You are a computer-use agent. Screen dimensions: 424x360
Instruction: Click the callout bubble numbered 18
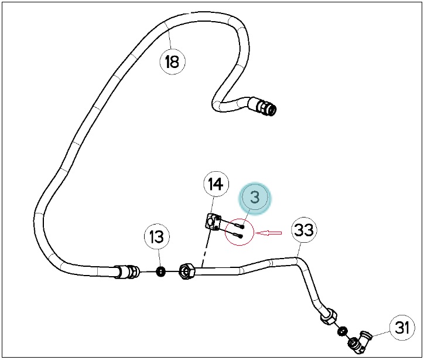coord(173,62)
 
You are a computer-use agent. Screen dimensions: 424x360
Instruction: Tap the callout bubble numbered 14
coord(216,184)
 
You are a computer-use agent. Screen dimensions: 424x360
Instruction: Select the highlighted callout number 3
coord(255,198)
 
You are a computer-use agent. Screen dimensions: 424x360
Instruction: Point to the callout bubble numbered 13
coord(157,237)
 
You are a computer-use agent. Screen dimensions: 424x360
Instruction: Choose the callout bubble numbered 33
coord(304,230)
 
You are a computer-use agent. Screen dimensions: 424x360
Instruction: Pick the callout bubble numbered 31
coord(402,327)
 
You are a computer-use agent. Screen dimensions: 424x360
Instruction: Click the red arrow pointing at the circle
coord(269,233)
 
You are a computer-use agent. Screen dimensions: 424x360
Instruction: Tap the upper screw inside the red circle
coord(240,226)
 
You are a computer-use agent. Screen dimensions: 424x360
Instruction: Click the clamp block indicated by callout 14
coord(213,222)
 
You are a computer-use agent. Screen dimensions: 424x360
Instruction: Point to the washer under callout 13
coord(161,271)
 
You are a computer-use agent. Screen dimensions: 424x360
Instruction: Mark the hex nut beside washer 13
coord(187,271)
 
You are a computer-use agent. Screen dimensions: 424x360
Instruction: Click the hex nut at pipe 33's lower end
coord(329,316)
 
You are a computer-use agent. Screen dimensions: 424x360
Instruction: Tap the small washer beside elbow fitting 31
coord(342,331)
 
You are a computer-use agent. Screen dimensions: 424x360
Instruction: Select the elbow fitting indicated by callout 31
coord(360,342)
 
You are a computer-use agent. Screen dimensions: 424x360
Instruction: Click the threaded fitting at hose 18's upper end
coord(263,106)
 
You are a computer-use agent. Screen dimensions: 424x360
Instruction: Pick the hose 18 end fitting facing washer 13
coord(127,271)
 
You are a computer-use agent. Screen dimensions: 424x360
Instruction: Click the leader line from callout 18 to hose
coord(170,39)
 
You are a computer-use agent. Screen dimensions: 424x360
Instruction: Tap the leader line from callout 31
coord(381,334)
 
